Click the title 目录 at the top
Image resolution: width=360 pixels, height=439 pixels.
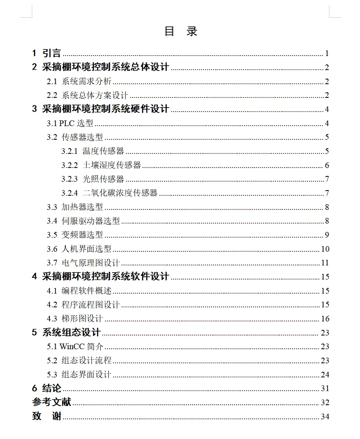click(x=181, y=31)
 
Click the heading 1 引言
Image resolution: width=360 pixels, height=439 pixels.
click(x=46, y=53)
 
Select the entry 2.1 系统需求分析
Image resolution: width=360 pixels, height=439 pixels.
click(x=79, y=81)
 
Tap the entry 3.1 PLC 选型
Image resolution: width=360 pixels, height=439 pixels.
click(x=70, y=123)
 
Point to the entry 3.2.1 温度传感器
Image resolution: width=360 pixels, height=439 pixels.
click(x=93, y=151)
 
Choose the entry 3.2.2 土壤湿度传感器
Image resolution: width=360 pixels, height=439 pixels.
click(x=101, y=165)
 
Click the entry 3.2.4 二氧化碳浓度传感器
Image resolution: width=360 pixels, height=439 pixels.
click(x=109, y=193)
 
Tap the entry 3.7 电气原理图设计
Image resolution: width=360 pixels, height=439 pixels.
click(x=83, y=263)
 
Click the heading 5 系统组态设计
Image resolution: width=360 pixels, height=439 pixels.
click(x=66, y=332)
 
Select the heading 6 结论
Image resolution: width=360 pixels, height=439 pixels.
click(x=47, y=388)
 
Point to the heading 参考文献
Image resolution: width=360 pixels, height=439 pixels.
click(x=52, y=402)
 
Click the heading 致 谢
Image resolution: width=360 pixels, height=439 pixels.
click(x=47, y=416)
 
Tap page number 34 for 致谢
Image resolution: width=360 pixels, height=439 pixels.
click(x=325, y=416)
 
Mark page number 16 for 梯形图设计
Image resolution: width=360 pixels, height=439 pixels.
click(x=325, y=319)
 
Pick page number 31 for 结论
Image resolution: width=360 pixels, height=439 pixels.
click(x=325, y=389)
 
